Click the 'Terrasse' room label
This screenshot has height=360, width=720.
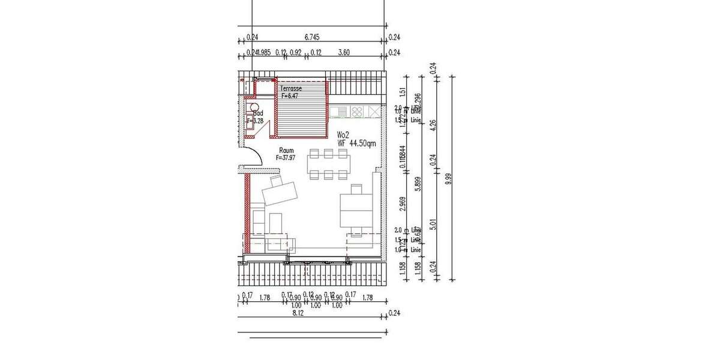[x=291, y=88]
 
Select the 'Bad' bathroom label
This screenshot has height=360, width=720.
[x=259, y=113]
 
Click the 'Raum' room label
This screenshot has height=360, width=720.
[x=286, y=151]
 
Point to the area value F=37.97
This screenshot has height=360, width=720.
[x=287, y=158]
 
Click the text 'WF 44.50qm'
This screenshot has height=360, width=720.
[x=356, y=143]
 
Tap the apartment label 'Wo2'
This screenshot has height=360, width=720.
[x=343, y=134]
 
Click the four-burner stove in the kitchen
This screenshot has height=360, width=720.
[x=357, y=112]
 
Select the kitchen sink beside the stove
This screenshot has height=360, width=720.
[x=339, y=112]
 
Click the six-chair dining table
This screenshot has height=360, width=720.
[x=328, y=164]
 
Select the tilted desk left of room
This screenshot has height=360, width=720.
[x=280, y=191]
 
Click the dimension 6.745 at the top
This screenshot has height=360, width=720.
[x=311, y=37]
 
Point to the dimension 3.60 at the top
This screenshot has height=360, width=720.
[x=344, y=53]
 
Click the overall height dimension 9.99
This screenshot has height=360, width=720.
[x=446, y=178]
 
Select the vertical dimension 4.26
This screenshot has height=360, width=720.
[x=433, y=125]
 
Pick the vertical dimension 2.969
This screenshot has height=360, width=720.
[x=403, y=206]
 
